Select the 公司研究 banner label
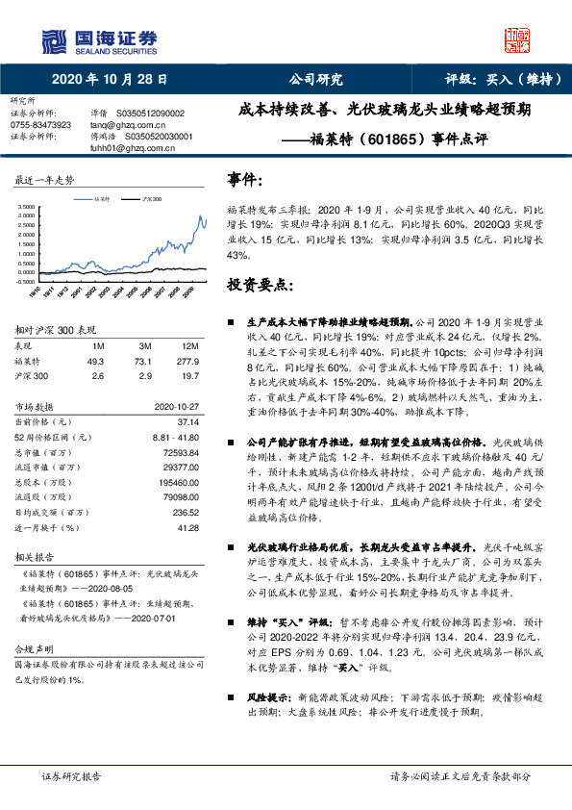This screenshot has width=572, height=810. coord(316,81)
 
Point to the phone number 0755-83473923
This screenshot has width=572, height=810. coord(40,125)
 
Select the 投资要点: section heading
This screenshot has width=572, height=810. coord(260,285)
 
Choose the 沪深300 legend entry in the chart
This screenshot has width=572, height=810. coord(151,197)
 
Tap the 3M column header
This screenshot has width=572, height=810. coord(144,345)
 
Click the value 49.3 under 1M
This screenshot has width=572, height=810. coord(96,361)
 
